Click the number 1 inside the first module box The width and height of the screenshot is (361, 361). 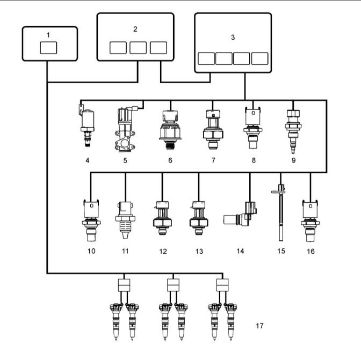48,35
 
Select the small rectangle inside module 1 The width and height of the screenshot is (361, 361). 48,48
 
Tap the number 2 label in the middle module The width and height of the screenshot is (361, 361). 135,29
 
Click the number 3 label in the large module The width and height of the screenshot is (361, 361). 233,37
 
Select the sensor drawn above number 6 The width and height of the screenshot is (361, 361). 170,130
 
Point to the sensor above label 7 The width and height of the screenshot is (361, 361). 213,129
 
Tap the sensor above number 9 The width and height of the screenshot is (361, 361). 293,131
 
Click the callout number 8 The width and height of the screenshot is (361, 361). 254,160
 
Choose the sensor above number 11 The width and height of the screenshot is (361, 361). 125,220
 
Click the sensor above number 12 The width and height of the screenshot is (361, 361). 162,218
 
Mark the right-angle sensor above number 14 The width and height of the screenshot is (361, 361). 241,215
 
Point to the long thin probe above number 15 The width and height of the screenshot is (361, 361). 280,212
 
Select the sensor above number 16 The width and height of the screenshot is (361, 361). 310,221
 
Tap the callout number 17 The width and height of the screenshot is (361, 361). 259,326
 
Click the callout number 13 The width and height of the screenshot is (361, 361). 199,251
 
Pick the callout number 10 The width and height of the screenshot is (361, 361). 91,251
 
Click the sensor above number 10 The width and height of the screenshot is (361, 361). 91,220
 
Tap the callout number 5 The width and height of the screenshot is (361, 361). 125,160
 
